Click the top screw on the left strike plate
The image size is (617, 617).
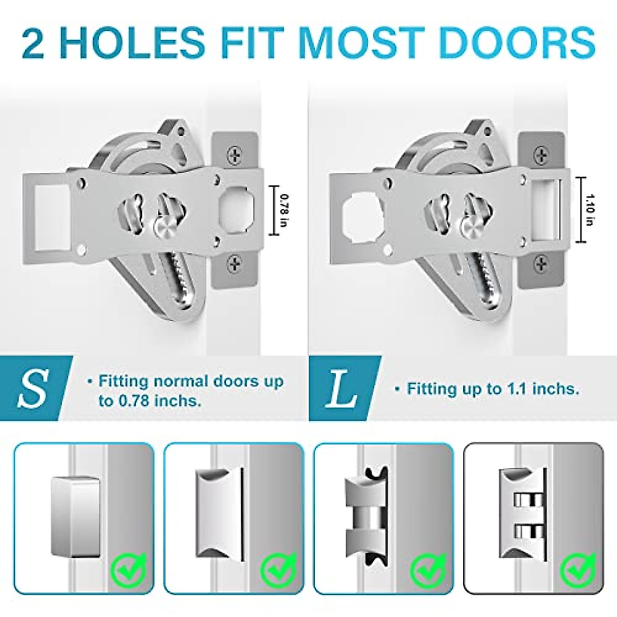coord(235,153)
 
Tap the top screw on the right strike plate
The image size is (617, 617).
coord(541,153)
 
